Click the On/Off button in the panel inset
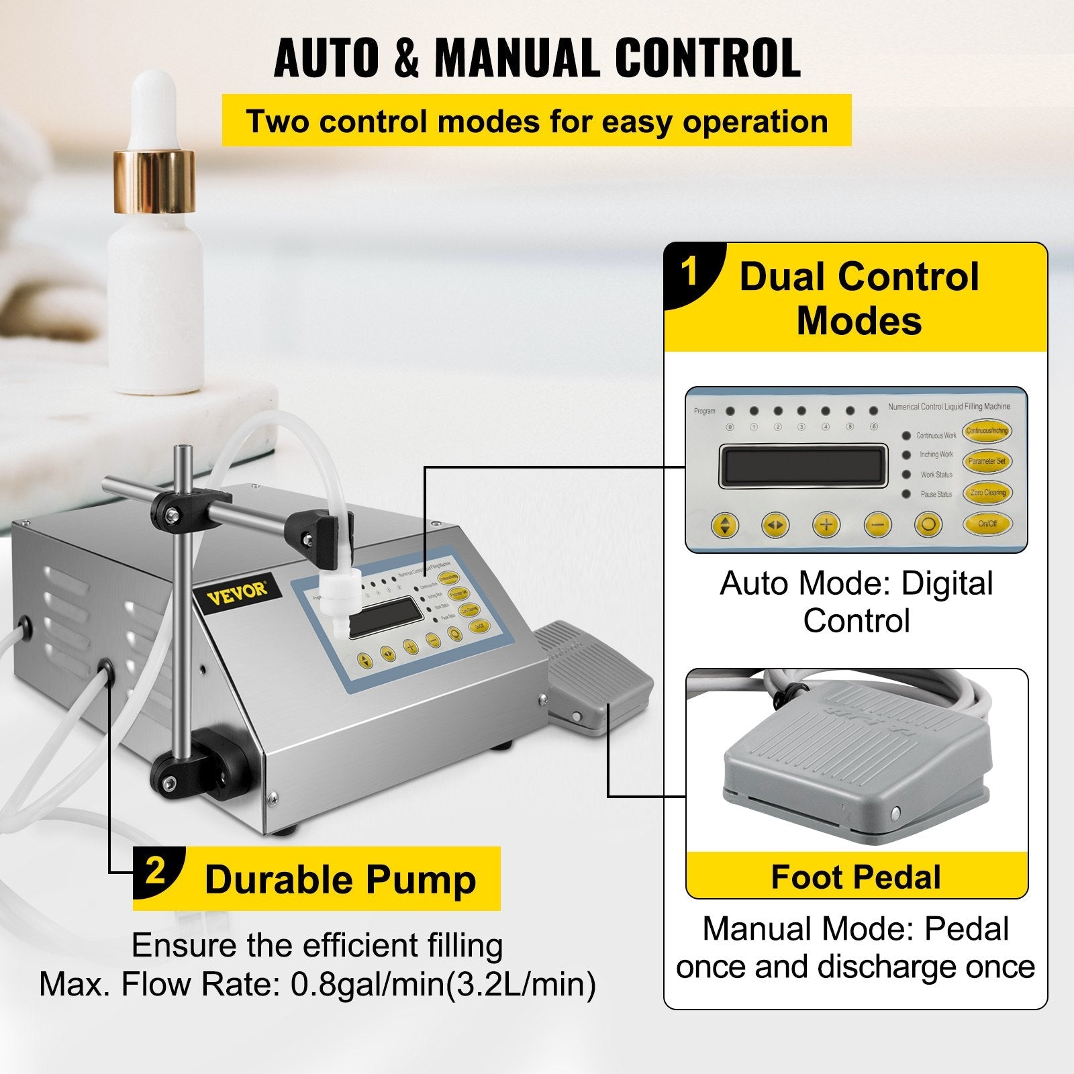click(x=986, y=523)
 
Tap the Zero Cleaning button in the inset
click(x=987, y=492)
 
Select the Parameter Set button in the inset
click(x=987, y=461)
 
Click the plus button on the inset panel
click(x=826, y=524)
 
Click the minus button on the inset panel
click(x=877, y=524)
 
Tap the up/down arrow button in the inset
click(x=724, y=524)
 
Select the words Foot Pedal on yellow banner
click(x=856, y=877)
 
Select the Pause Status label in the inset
click(x=936, y=494)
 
